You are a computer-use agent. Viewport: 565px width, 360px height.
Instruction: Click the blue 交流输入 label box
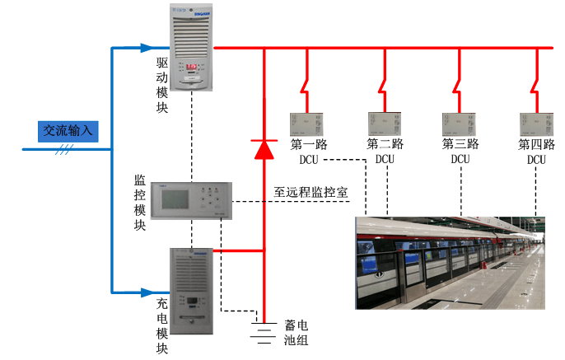click(70, 130)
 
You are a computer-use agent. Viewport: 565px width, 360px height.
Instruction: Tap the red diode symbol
click(264, 149)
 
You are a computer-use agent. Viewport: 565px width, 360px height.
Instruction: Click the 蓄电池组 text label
click(296, 332)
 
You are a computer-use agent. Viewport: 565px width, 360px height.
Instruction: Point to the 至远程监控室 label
click(311, 193)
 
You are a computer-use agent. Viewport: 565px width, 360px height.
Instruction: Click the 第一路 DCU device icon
click(307, 124)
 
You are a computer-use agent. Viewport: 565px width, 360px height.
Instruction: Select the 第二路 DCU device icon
click(384, 124)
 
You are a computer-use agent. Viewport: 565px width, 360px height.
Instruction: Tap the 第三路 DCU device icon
click(460, 124)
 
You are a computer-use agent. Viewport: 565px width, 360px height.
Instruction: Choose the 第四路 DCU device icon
click(535, 124)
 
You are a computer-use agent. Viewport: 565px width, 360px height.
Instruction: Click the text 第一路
click(309, 144)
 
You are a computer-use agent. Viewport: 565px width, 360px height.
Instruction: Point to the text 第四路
click(536, 144)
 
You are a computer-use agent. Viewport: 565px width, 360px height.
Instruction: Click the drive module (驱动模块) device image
click(193, 50)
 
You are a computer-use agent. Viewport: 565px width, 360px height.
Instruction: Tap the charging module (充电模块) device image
click(193, 292)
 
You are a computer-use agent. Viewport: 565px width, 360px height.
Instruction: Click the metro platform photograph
click(451, 263)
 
